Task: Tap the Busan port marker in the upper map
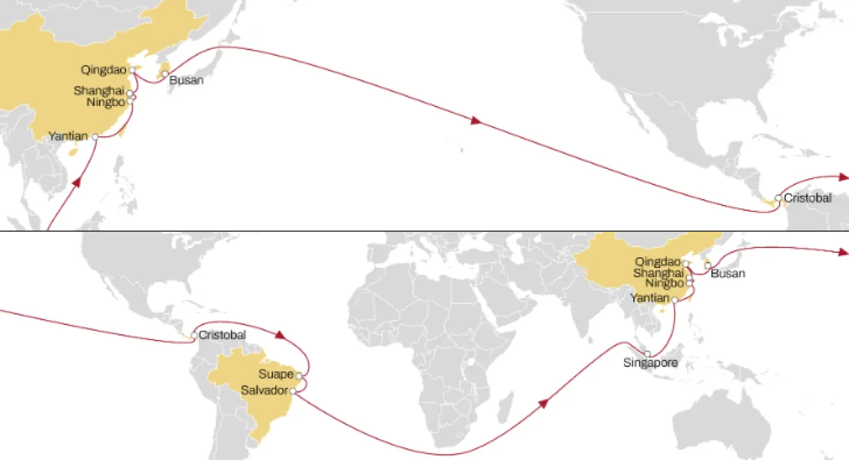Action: [165, 73]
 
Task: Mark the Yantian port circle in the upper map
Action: [95, 137]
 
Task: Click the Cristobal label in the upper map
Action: [807, 199]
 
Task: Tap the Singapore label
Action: [650, 363]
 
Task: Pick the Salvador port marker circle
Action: [293, 391]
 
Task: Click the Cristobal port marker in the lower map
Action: [195, 336]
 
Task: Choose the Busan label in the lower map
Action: [727, 273]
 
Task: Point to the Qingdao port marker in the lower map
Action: [686, 263]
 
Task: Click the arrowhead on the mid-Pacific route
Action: [475, 122]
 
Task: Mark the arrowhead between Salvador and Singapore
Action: [543, 403]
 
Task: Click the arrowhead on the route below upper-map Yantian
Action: [76, 182]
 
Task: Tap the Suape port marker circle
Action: [299, 375]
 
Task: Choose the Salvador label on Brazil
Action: [265, 390]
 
